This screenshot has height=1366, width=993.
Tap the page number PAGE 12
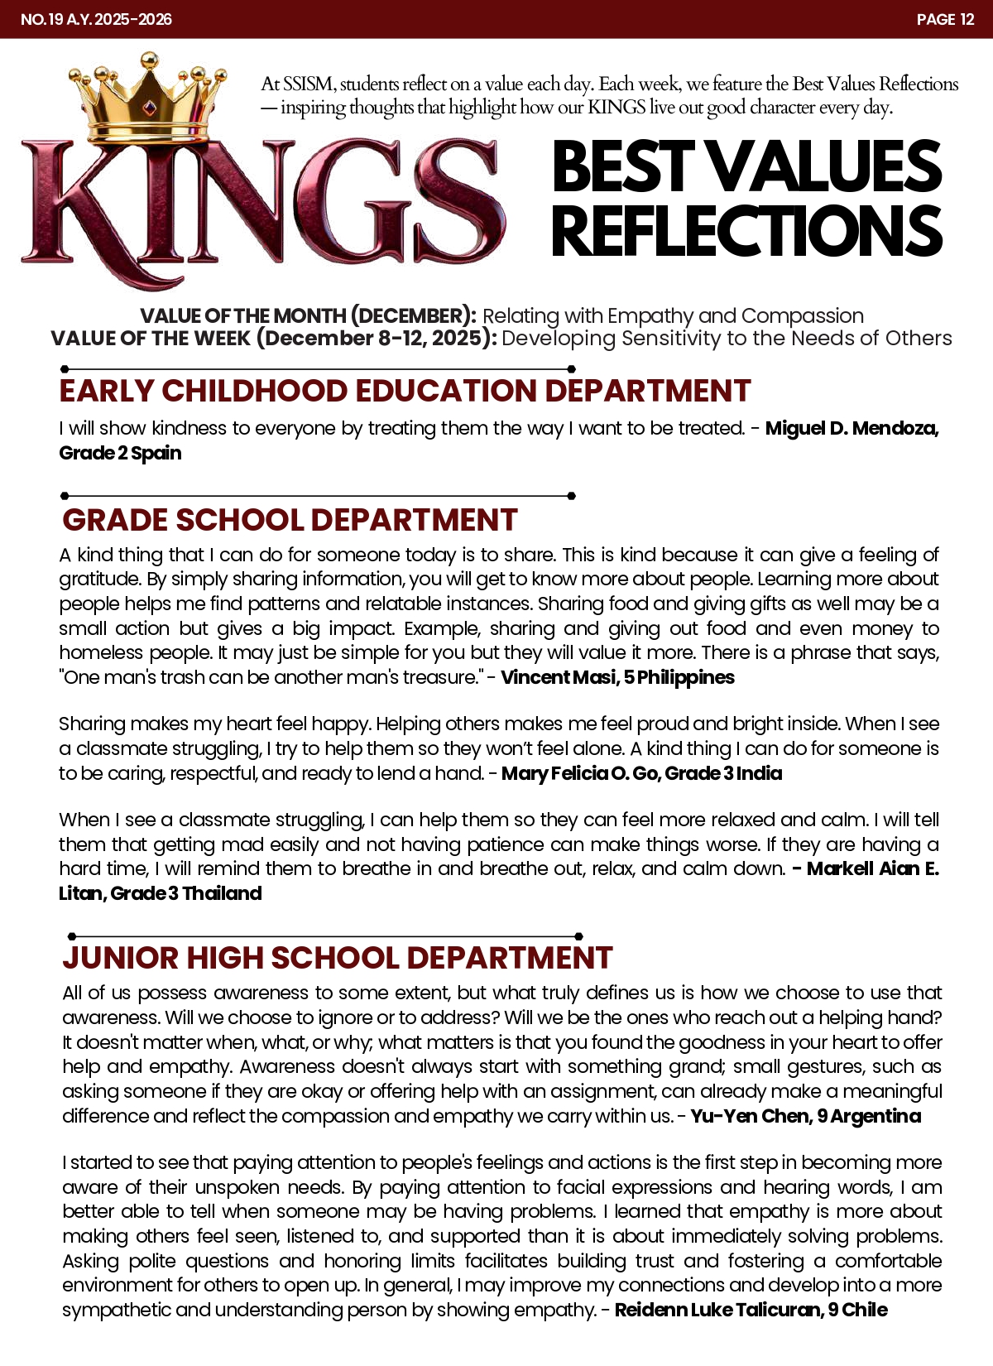pos(945,19)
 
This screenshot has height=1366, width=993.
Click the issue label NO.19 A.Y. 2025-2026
pos(96,19)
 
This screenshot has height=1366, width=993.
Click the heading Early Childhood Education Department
pos(405,391)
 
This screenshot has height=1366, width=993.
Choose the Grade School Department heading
pos(290,520)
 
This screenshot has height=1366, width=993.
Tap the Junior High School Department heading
pos(337,958)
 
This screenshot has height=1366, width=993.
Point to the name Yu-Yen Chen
pos(750,1116)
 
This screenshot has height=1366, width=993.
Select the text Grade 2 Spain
pos(120,453)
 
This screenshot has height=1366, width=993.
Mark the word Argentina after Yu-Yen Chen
pos(875,1116)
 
